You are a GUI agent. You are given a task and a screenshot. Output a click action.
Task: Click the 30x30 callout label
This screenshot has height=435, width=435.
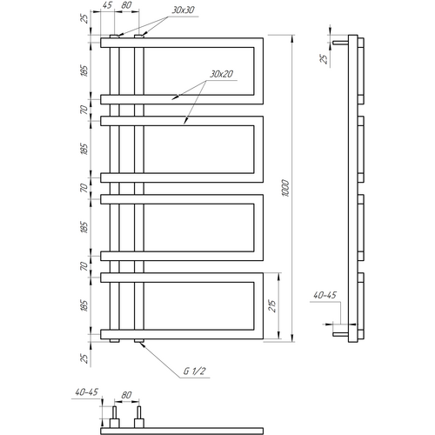point(183,10)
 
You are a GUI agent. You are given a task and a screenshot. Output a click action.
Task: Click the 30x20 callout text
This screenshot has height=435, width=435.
point(222,74)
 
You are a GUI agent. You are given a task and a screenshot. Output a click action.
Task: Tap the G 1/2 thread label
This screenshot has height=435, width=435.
point(194,371)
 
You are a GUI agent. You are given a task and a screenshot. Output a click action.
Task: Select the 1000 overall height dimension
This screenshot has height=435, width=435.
point(285,188)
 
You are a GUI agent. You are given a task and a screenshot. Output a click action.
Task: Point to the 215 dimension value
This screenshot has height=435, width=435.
point(272,305)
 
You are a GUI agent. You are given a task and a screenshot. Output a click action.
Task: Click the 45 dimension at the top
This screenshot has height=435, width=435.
point(107,5)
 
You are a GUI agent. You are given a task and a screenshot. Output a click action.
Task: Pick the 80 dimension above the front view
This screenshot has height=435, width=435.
point(126,5)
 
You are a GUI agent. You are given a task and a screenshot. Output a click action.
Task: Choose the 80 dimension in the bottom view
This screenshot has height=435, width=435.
point(126,395)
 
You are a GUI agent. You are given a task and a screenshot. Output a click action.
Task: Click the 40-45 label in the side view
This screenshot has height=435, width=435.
point(325,295)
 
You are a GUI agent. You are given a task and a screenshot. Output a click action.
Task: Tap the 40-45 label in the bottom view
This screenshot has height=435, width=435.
point(87,392)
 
